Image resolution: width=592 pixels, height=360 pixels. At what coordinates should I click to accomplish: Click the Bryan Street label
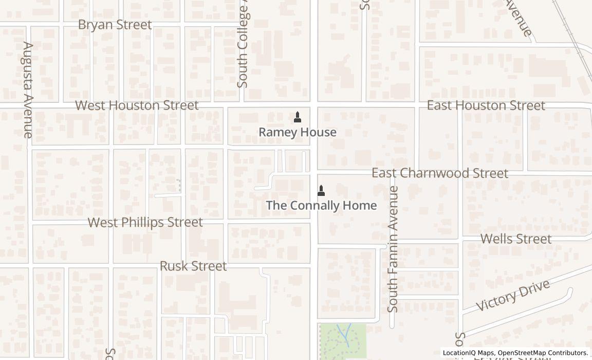pyautogui.click(x=115, y=25)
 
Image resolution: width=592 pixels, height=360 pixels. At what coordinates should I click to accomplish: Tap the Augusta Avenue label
pyautogui.click(x=28, y=90)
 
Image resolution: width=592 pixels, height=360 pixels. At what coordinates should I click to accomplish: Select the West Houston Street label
pyautogui.click(x=137, y=105)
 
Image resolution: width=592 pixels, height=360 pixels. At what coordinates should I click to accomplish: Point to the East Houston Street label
pyautogui.click(x=486, y=105)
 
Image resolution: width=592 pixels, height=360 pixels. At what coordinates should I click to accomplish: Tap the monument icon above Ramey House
pyautogui.click(x=297, y=117)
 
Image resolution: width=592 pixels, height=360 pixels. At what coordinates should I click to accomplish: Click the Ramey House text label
pyautogui.click(x=297, y=132)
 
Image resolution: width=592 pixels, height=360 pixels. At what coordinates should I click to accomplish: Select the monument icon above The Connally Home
pyautogui.click(x=321, y=191)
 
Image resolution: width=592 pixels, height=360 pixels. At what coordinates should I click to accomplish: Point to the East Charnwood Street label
pyautogui.click(x=439, y=173)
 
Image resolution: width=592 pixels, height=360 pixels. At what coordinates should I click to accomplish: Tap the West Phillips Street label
pyautogui.click(x=145, y=222)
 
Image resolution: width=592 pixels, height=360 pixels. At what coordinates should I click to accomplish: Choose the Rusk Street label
pyautogui.click(x=193, y=266)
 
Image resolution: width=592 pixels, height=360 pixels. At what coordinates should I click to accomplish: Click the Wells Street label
pyautogui.click(x=515, y=239)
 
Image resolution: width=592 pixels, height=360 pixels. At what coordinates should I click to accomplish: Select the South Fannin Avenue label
pyautogui.click(x=393, y=249)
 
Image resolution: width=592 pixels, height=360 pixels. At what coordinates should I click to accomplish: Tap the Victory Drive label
pyautogui.click(x=513, y=295)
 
